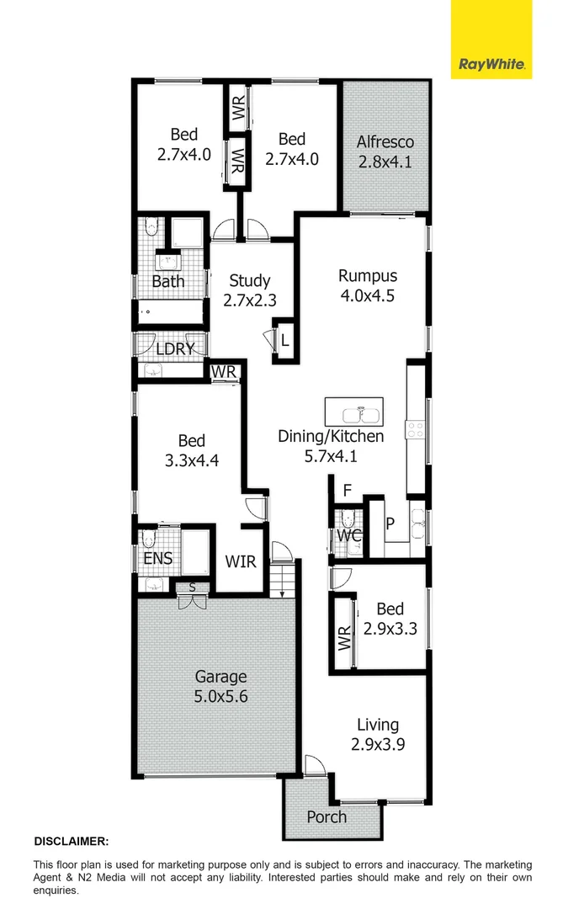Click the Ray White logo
click(491, 64)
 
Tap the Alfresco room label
click(385, 151)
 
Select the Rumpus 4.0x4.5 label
click(367, 285)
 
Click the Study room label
click(249, 290)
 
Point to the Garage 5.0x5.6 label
click(221, 686)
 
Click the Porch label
click(327, 816)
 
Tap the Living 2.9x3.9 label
click(378, 734)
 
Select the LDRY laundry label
click(175, 348)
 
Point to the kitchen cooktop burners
click(416, 429)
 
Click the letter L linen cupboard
click(285, 341)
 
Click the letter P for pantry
click(390, 523)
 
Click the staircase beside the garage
click(283, 580)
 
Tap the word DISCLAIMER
click(71, 841)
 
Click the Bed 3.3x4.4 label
click(192, 450)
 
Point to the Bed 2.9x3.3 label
click(390, 618)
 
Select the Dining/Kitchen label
click(331, 445)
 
